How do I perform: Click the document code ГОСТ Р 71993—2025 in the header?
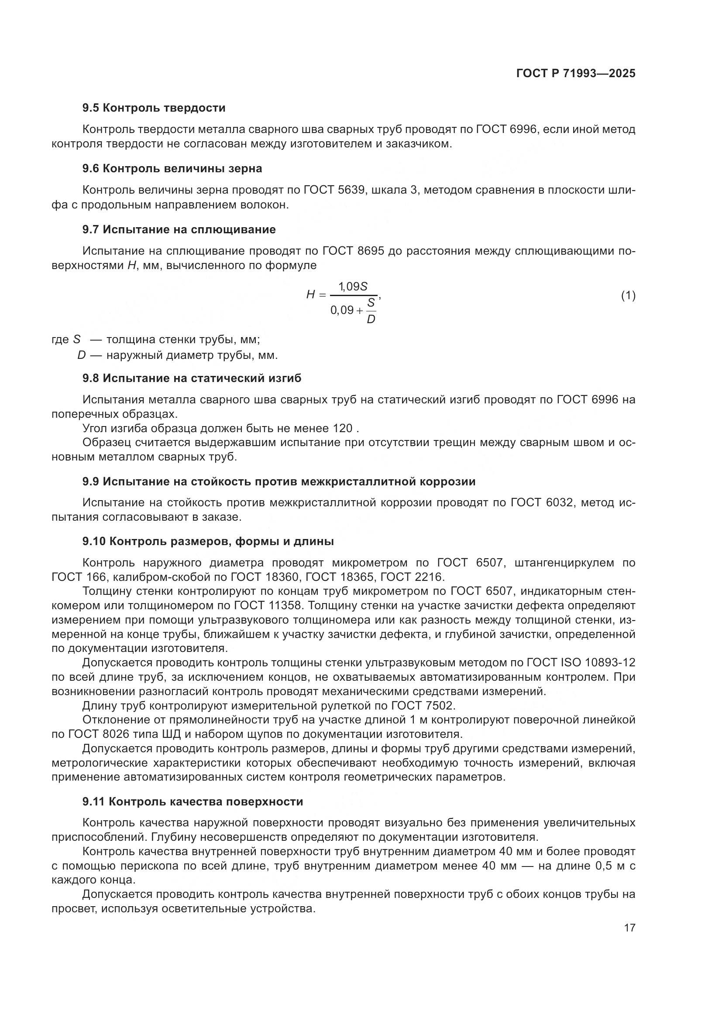point(576,74)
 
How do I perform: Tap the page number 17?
point(629,928)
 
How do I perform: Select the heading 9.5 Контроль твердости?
point(154,108)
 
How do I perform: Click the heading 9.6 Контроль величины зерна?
point(172,169)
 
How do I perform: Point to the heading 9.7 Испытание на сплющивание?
point(179,230)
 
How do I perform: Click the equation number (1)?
point(628,295)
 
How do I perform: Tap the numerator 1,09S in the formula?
point(353,287)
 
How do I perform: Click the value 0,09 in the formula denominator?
point(341,310)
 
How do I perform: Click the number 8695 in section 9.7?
point(371,251)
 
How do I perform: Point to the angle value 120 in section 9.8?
point(342,428)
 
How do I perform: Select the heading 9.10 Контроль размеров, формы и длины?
point(208,542)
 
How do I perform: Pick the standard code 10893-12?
point(609,662)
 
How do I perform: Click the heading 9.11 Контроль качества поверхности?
point(193,802)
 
